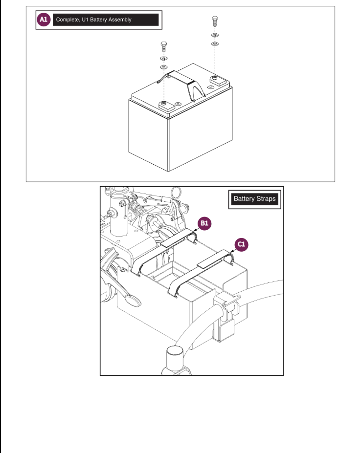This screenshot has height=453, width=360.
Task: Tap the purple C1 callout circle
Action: point(242,244)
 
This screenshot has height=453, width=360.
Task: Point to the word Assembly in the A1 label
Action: point(120,20)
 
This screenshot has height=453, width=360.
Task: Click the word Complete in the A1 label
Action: point(67,20)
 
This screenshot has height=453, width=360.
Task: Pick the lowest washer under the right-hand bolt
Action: point(214,44)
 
